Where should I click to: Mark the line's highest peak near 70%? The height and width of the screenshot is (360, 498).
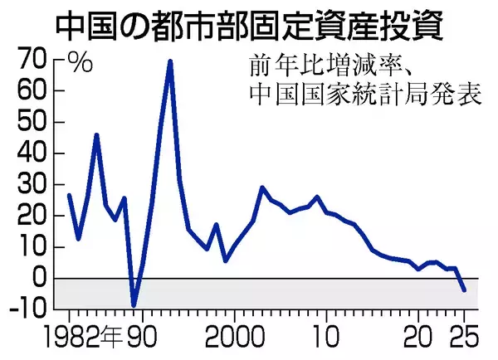(x=170, y=61)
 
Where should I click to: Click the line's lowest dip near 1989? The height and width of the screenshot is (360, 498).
(x=134, y=305)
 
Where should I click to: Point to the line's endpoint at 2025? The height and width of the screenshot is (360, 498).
(x=464, y=289)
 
